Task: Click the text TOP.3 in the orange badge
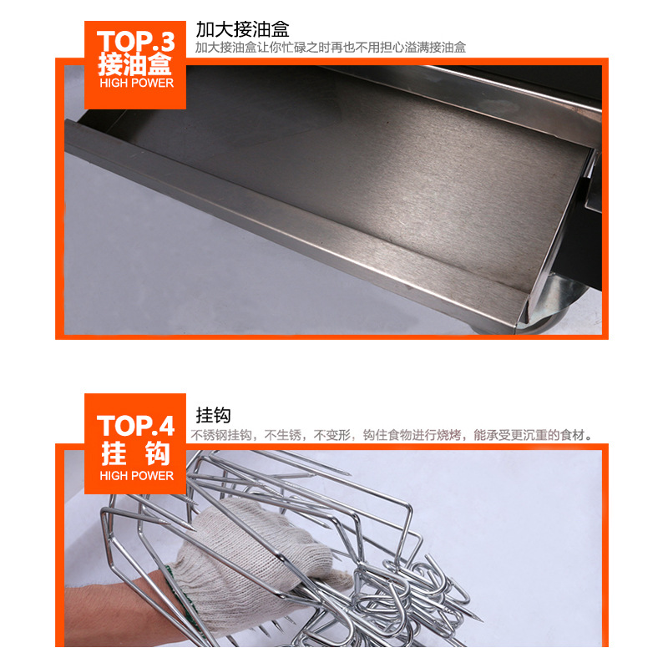136,41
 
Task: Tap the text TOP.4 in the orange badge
136,426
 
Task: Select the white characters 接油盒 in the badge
134,65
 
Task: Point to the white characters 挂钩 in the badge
136,453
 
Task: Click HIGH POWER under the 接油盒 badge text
136,83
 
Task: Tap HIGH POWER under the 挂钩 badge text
136,475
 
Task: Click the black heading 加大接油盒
242,29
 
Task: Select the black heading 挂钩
214,415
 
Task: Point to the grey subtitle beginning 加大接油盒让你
331,48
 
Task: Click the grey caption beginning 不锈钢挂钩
392,435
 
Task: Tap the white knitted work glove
251,562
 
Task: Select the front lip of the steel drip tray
294,221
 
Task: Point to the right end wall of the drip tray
558,230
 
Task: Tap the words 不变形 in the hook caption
331,435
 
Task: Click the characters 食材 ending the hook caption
572,435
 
